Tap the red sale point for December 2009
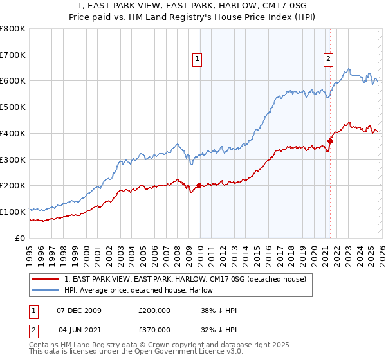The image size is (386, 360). point(199,185)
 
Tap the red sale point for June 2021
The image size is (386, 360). point(330,141)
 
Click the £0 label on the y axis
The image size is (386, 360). point(21,238)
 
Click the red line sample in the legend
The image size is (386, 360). point(46,279)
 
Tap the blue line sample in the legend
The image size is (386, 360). point(46,290)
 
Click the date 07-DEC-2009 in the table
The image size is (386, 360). point(78,310)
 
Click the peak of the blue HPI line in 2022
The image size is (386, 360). point(348,69)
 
